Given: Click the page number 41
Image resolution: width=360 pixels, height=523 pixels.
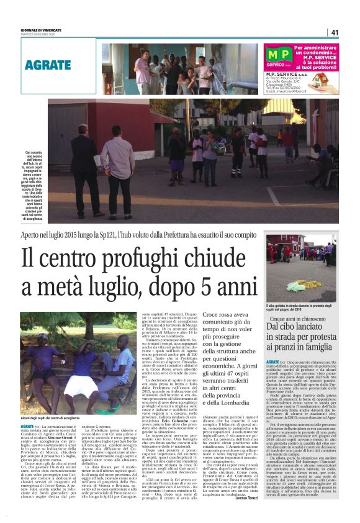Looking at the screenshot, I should pyautogui.click(x=335, y=32).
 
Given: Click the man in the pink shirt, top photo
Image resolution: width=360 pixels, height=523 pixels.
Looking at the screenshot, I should pyautogui.click(x=142, y=70).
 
